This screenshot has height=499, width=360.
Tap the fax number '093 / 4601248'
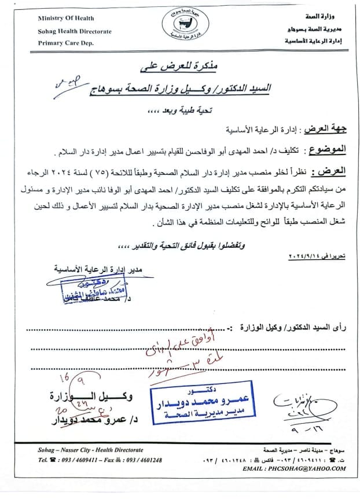(139, 460)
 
